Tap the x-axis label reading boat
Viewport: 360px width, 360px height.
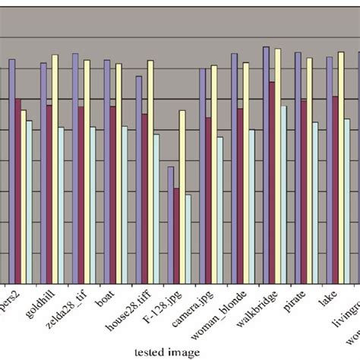pyautogui.click(x=106, y=299)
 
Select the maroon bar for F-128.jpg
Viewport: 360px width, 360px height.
pyautogui.click(x=177, y=235)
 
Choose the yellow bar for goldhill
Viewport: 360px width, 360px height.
pyautogui.click(x=55, y=168)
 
